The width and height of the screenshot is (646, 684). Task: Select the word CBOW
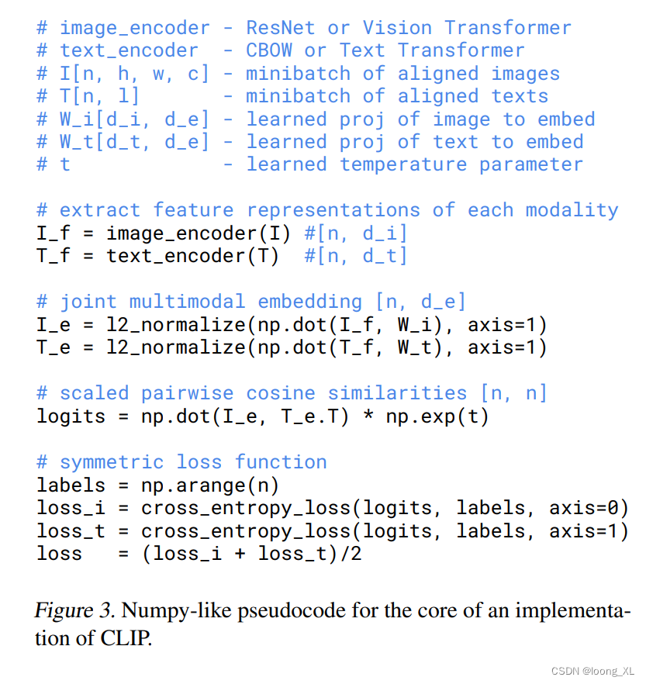pyautogui.click(x=269, y=51)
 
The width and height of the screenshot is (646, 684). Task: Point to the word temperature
pyautogui.click(x=403, y=164)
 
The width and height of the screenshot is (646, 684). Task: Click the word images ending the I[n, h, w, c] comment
pyautogui.click(x=525, y=74)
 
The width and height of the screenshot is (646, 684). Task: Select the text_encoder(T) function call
pyautogui.click(x=192, y=256)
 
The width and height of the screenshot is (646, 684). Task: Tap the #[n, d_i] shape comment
pyautogui.click(x=356, y=233)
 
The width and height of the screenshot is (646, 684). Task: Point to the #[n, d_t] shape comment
pyautogui.click(x=356, y=256)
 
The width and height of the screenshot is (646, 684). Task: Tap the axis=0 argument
pyautogui.click(x=589, y=507)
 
